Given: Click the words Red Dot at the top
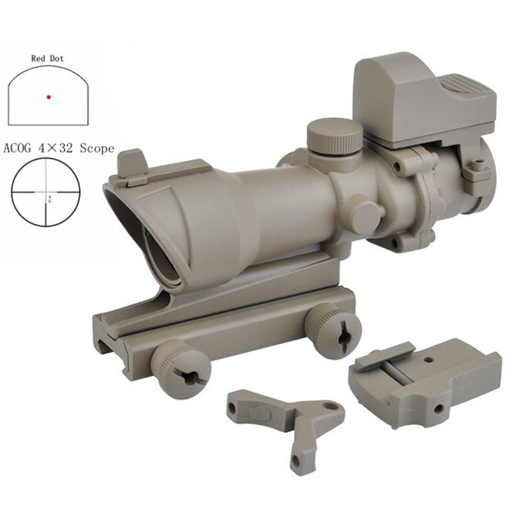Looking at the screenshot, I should [x=48, y=58].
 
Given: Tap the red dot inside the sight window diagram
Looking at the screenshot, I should [x=48, y=97].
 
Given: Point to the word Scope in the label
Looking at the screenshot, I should [x=97, y=149].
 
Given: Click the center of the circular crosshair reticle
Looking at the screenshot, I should [x=45, y=192].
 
